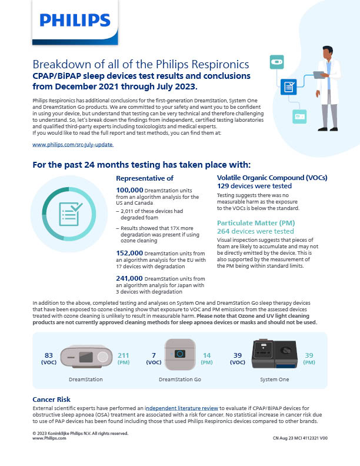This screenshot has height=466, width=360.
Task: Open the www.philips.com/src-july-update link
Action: click(73, 144)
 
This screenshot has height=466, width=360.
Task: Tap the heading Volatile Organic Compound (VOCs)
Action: click(272, 178)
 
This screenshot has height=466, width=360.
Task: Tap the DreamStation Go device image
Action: click(180, 355)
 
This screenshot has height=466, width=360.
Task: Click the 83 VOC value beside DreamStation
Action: click(49, 358)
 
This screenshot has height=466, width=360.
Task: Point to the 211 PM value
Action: click(124, 358)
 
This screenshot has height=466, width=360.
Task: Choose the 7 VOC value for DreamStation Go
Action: click(154, 358)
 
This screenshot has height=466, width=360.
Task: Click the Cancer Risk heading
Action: click(51, 400)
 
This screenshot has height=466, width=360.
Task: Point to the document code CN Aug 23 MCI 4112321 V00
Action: click(301, 438)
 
